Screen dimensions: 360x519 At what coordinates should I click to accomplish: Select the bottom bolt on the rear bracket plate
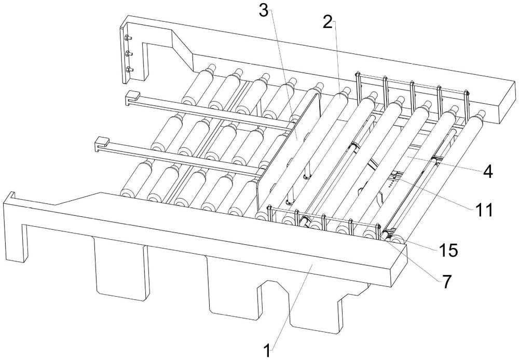(128, 69)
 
